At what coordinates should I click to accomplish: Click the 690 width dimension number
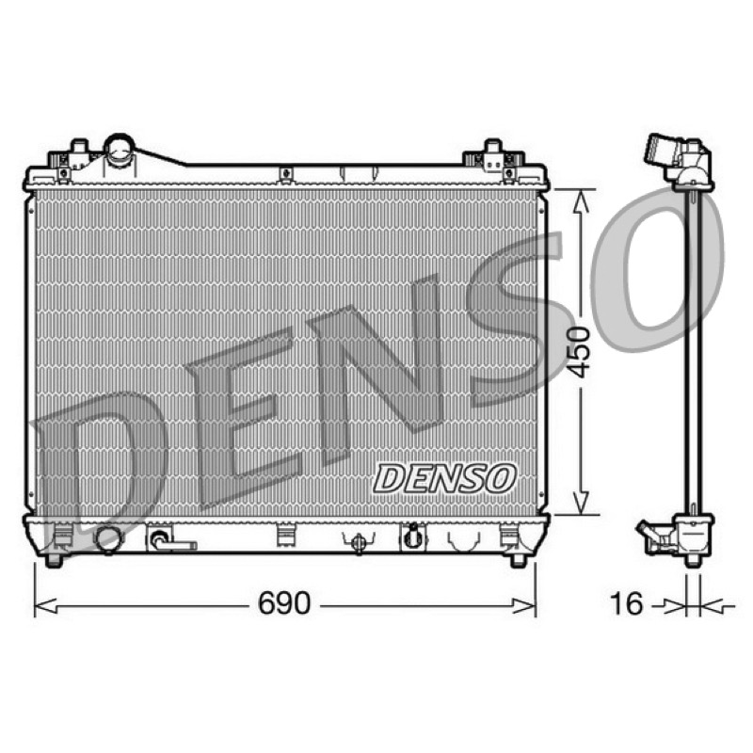point(284,603)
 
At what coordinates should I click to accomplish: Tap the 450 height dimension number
point(577,352)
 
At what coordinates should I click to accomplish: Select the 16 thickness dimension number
point(626,603)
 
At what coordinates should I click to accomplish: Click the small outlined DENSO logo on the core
point(444,478)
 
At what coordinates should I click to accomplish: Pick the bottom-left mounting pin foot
point(54,560)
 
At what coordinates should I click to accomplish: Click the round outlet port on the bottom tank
point(109,539)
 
